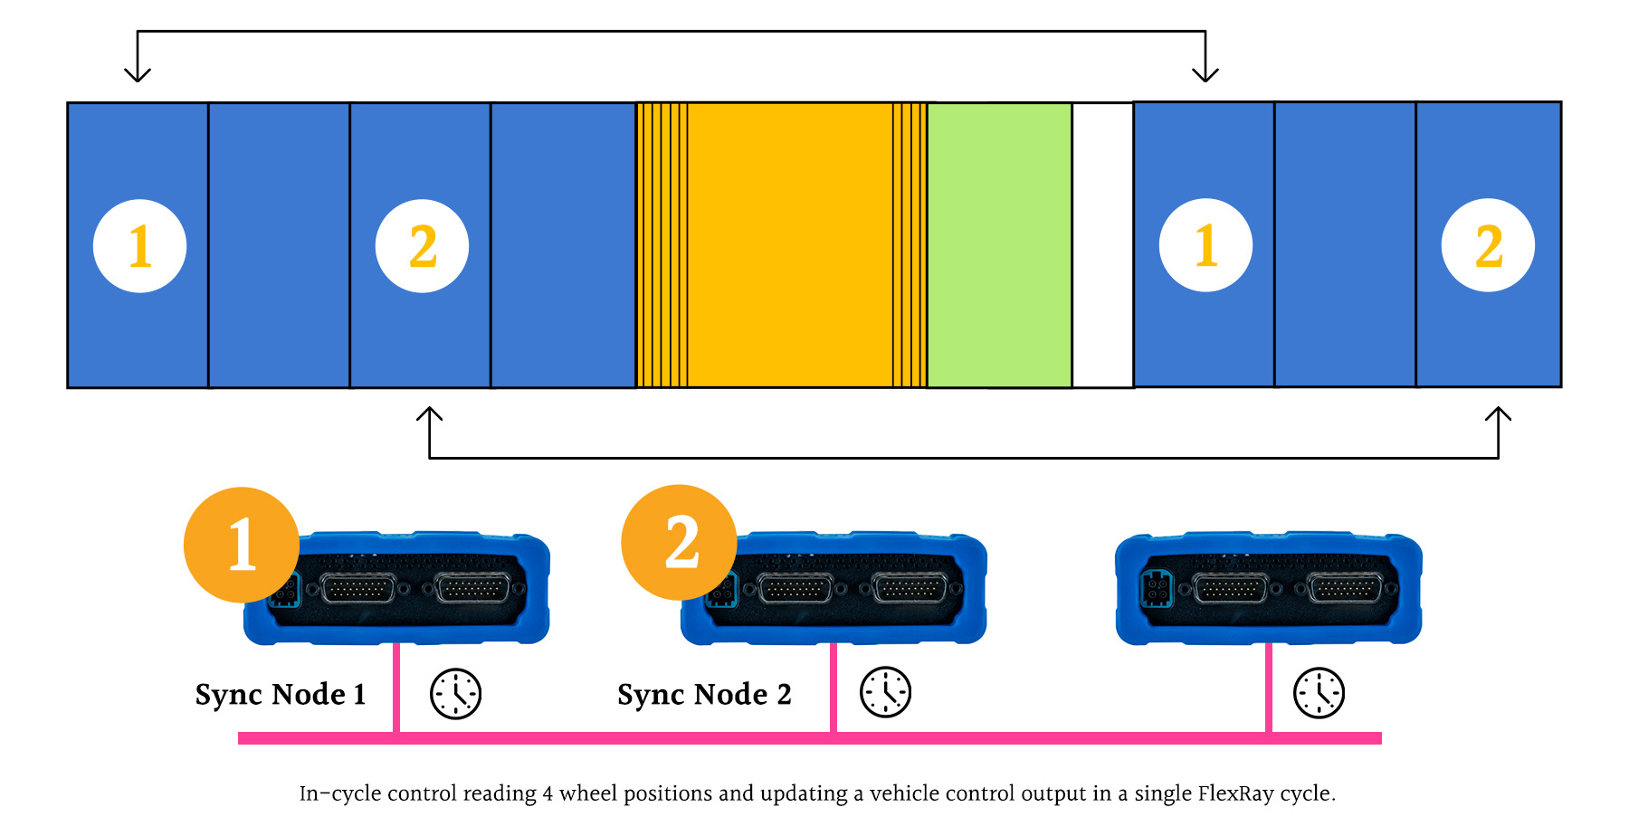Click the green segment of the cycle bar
[999, 245]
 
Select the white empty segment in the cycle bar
[1102, 245]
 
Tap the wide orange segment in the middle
[789, 245]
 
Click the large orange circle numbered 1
[241, 545]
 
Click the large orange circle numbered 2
[679, 542]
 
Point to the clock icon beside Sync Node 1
[455, 694]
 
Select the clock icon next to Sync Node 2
[885, 692]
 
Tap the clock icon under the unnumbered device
[1319, 694]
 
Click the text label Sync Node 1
[281, 695]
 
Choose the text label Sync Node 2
[704, 695]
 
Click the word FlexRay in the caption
[1236, 793]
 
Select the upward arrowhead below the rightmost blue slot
[1498, 414]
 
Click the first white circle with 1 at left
[139, 246]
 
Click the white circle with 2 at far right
[1488, 245]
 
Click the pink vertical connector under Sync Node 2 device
[834, 688]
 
